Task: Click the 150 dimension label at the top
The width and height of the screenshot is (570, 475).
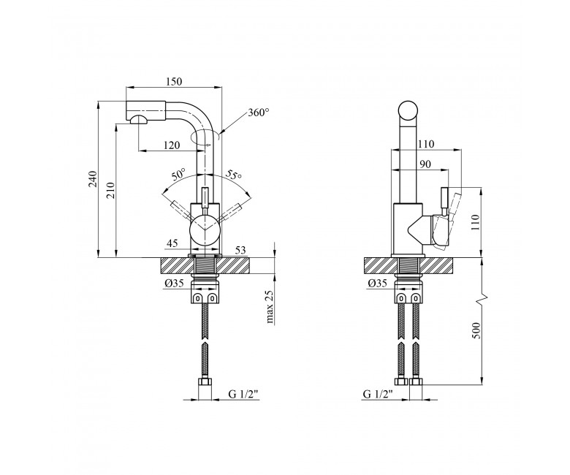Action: tap(174, 81)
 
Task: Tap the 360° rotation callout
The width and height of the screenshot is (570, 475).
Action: tap(259, 113)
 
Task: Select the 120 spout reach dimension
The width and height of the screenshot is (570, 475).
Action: tap(172, 145)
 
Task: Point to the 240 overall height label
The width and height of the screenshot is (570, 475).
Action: tap(93, 178)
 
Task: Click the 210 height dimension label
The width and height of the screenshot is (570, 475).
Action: tap(110, 190)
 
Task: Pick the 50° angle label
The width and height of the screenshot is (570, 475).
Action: tap(179, 175)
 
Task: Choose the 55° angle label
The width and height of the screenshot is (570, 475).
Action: tap(234, 175)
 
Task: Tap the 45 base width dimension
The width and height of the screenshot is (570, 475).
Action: tap(172, 243)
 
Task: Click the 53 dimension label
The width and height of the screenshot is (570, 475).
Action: tap(240, 250)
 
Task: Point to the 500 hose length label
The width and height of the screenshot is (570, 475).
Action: tap(476, 330)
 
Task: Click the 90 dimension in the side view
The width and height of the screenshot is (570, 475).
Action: tap(425, 164)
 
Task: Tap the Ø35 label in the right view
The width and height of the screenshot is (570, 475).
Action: tap(377, 284)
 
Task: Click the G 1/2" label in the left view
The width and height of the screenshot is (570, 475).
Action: tap(243, 394)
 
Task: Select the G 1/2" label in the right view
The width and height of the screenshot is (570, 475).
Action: tap(379, 394)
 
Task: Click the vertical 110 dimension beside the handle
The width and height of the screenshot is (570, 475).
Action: tap(476, 222)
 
